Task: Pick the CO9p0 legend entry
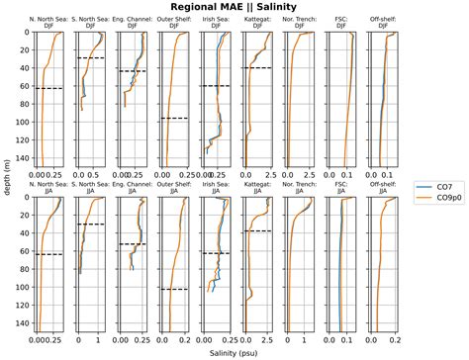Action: coord(444,198)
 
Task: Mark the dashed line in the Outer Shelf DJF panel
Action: coord(173,119)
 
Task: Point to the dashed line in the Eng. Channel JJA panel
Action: coord(132,244)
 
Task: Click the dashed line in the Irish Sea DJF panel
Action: coord(216,86)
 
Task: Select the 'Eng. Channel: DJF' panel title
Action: coord(132,23)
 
